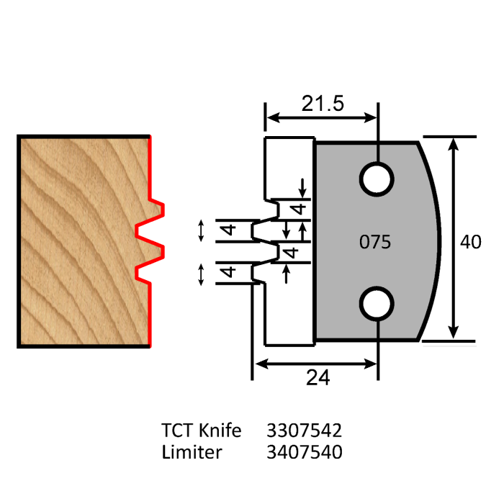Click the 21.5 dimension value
[322, 104]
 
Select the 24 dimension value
[318, 377]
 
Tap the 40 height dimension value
[471, 242]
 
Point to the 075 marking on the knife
[374, 243]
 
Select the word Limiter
[192, 452]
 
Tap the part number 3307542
[304, 431]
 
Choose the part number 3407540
[304, 452]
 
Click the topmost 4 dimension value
[294, 209]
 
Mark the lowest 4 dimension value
[228, 274]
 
